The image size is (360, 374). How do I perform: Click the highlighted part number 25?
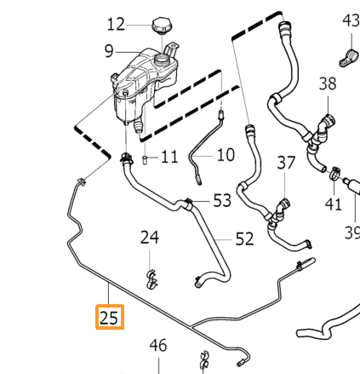click(x=109, y=318)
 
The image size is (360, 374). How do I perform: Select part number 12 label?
click(x=116, y=25)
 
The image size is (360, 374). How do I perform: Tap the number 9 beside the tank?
click(x=109, y=51)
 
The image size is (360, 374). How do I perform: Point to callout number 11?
click(x=169, y=157)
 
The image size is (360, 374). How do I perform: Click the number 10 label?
click(x=226, y=155)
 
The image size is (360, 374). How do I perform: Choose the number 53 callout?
click(x=222, y=200)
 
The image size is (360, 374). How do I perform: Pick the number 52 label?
click(x=244, y=239)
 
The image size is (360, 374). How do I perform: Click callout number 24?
click(x=150, y=238)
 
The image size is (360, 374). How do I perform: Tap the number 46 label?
click(x=158, y=345)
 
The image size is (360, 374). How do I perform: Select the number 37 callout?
click(x=286, y=163)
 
